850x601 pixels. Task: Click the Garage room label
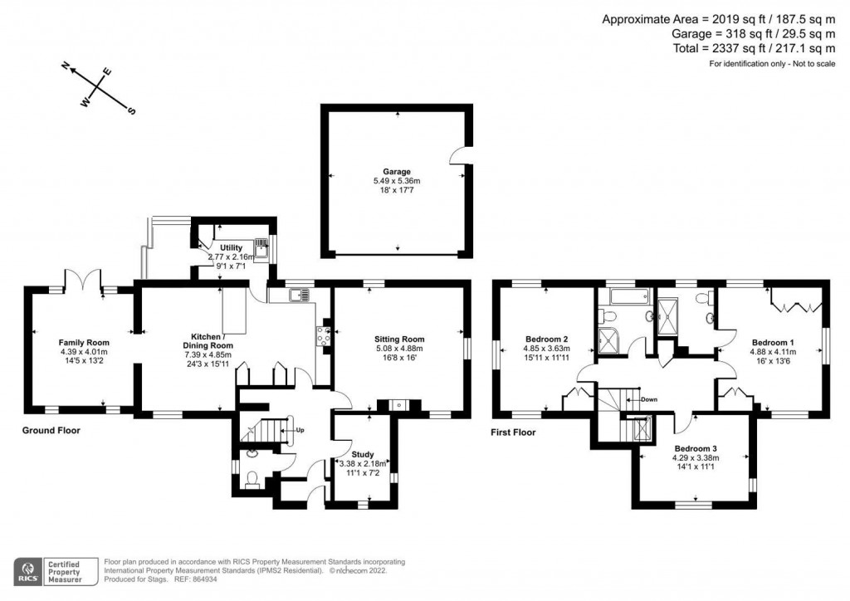pos(397,172)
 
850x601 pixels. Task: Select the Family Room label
pos(84,342)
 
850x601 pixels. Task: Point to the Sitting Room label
pos(399,339)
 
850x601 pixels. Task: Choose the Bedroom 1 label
pos(773,342)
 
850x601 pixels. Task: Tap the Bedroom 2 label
pos(547,339)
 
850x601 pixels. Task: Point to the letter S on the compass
pos(131,112)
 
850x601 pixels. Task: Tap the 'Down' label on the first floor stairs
pos(648,399)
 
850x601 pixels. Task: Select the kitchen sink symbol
pos(298,294)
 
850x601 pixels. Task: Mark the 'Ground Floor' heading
pos(51,431)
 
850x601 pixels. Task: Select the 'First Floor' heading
pos(513,432)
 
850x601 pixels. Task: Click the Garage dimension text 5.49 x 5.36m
pos(397,181)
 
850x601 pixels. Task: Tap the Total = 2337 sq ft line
pos(754,49)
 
